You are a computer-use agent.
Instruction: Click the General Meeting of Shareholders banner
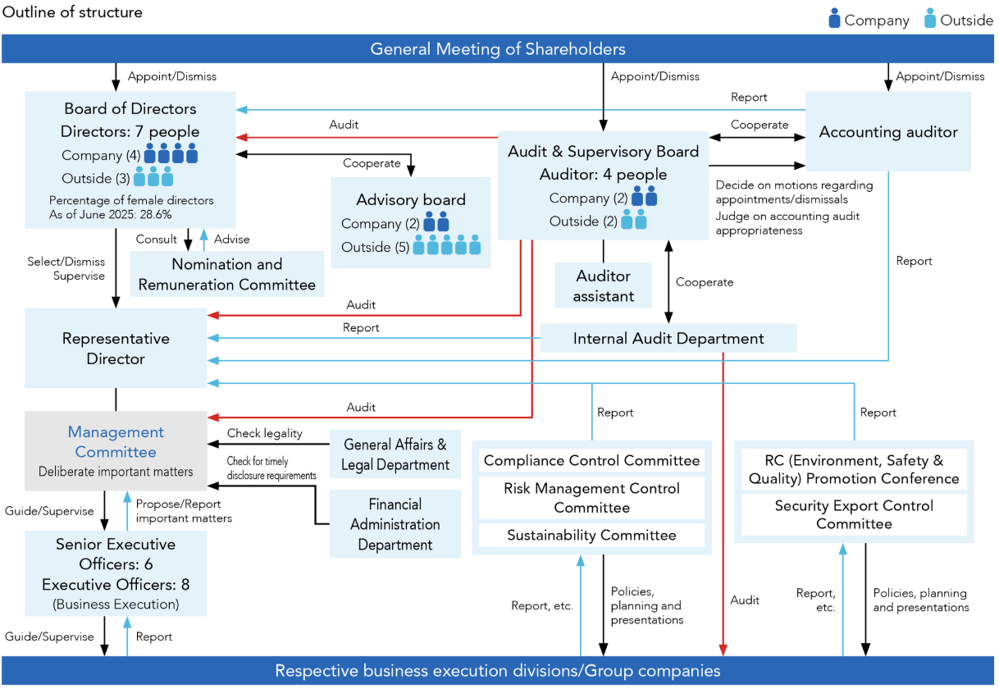click(x=498, y=49)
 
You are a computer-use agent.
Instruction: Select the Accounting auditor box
click(x=888, y=132)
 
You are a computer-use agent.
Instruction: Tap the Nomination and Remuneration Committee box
click(x=226, y=275)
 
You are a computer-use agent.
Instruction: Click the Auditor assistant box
click(x=603, y=286)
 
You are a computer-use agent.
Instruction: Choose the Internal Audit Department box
click(x=668, y=339)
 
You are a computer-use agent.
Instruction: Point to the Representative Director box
click(x=116, y=349)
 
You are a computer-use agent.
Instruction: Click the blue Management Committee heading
click(x=116, y=442)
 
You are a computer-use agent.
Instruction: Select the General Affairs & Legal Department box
click(x=395, y=454)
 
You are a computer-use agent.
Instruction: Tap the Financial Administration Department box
click(x=395, y=524)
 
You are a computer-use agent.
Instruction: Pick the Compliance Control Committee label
click(x=591, y=461)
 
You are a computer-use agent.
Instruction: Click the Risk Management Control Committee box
click(x=591, y=498)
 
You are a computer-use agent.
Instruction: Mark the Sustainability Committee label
click(x=591, y=536)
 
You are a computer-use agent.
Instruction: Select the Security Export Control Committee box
click(x=854, y=515)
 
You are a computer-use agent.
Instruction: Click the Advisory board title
click(x=411, y=199)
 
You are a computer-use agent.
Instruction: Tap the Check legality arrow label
click(x=264, y=433)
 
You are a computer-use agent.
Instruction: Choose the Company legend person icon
click(x=834, y=19)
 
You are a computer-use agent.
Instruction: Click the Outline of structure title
click(x=73, y=12)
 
